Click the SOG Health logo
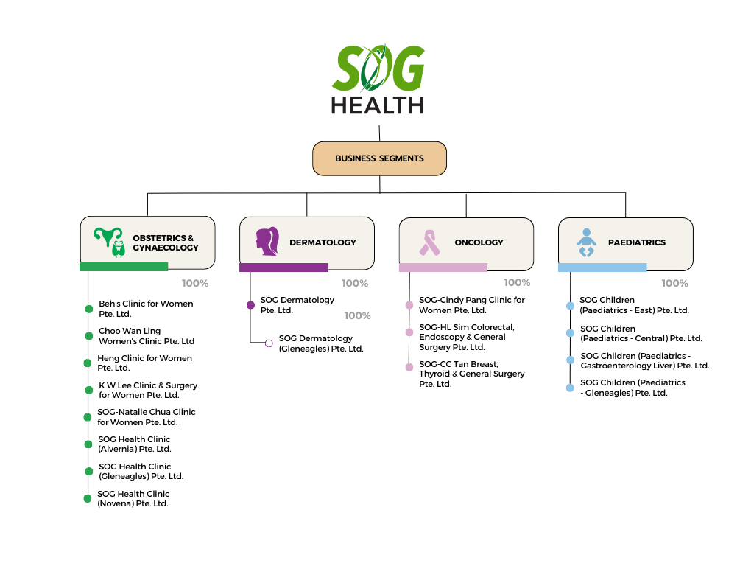(x=378, y=80)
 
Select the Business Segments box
(x=379, y=158)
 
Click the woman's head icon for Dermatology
(x=267, y=241)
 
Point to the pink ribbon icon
(x=429, y=242)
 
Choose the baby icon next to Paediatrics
(x=586, y=242)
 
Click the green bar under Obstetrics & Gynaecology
(x=124, y=267)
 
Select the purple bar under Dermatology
(x=283, y=268)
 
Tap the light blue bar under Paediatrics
(x=602, y=268)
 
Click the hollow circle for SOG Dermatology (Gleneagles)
(x=269, y=343)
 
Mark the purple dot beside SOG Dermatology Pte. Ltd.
(x=250, y=305)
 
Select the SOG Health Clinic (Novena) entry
(x=133, y=499)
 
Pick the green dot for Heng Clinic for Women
(x=88, y=363)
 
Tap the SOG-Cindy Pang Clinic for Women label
(x=472, y=305)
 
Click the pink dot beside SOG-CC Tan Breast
(x=409, y=367)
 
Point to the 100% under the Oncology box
(x=517, y=282)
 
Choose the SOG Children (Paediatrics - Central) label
(x=641, y=334)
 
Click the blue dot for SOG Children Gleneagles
(x=570, y=388)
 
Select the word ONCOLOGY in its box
(x=479, y=242)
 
